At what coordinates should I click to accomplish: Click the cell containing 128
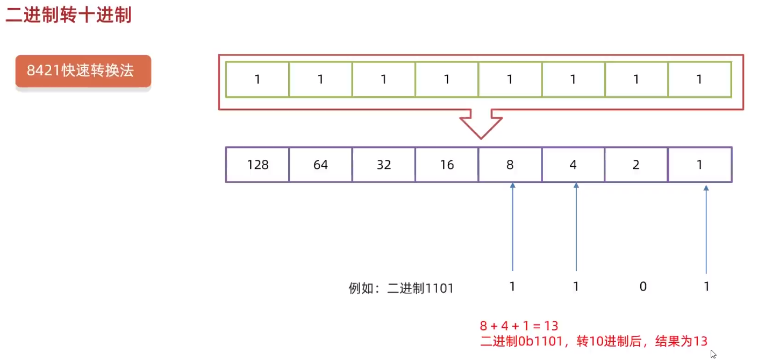(258, 165)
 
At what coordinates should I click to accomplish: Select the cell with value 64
(320, 165)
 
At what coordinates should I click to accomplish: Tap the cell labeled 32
(384, 165)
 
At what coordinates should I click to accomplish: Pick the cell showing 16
(447, 165)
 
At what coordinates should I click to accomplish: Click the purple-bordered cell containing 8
(510, 165)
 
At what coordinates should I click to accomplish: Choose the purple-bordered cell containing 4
(573, 165)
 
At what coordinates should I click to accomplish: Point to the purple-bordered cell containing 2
(636, 165)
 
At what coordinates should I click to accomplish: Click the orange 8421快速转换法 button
(83, 70)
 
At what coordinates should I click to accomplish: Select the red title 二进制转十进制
(68, 15)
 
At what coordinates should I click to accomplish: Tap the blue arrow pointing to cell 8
(513, 226)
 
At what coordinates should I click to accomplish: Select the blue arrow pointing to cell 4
(576, 226)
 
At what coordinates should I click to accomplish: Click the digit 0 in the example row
(643, 287)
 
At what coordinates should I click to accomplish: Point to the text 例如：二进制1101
(401, 288)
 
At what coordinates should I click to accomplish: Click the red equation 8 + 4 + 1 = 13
(519, 326)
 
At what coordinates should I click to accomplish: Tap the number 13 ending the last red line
(700, 341)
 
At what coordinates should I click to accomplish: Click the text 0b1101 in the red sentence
(535, 341)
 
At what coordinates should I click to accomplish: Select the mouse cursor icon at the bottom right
(713, 354)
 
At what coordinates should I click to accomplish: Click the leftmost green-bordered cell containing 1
(258, 80)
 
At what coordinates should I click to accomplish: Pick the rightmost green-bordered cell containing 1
(699, 80)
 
